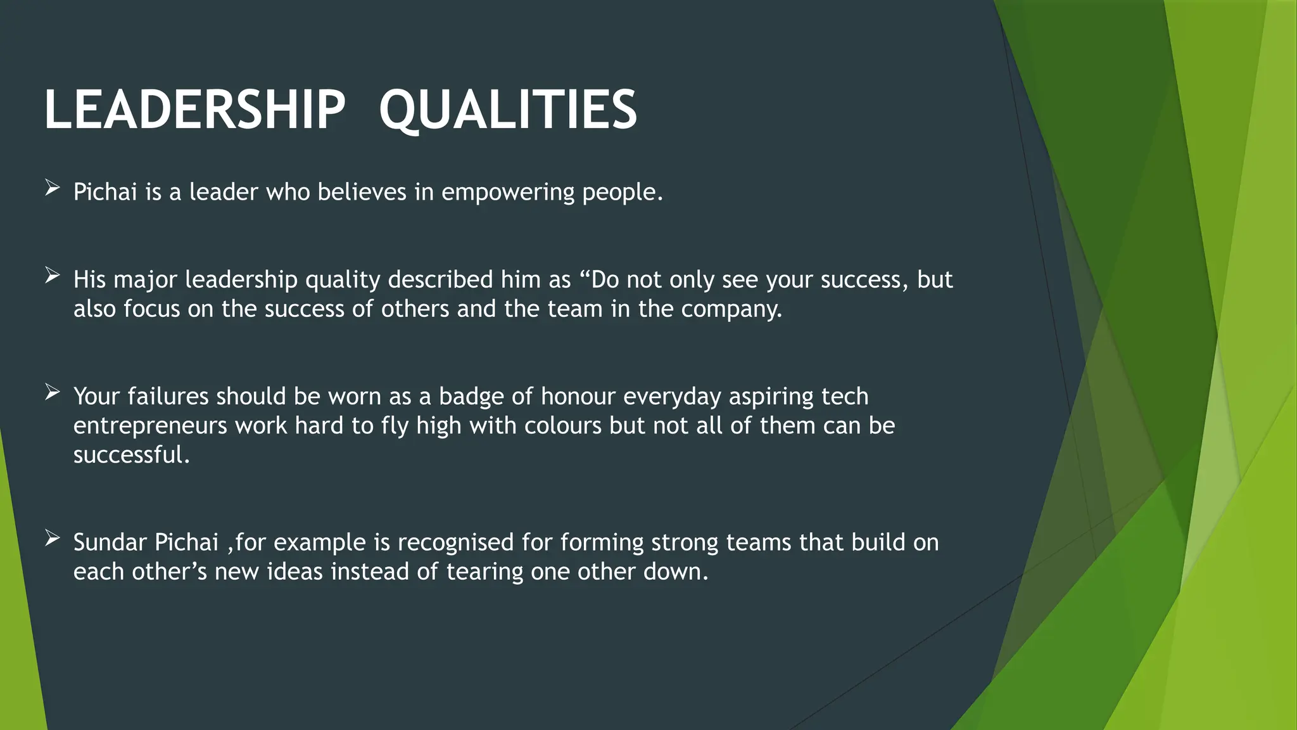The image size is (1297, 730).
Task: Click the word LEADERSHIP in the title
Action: (x=194, y=110)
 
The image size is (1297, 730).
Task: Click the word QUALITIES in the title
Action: (x=508, y=110)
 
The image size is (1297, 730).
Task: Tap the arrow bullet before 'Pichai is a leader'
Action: (x=53, y=188)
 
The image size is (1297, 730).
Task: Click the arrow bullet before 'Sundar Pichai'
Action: (x=53, y=539)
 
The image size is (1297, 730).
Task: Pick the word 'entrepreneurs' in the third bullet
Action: (x=150, y=426)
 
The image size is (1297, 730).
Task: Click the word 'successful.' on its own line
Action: (x=131, y=455)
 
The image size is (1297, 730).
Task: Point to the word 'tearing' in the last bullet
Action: (x=484, y=573)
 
